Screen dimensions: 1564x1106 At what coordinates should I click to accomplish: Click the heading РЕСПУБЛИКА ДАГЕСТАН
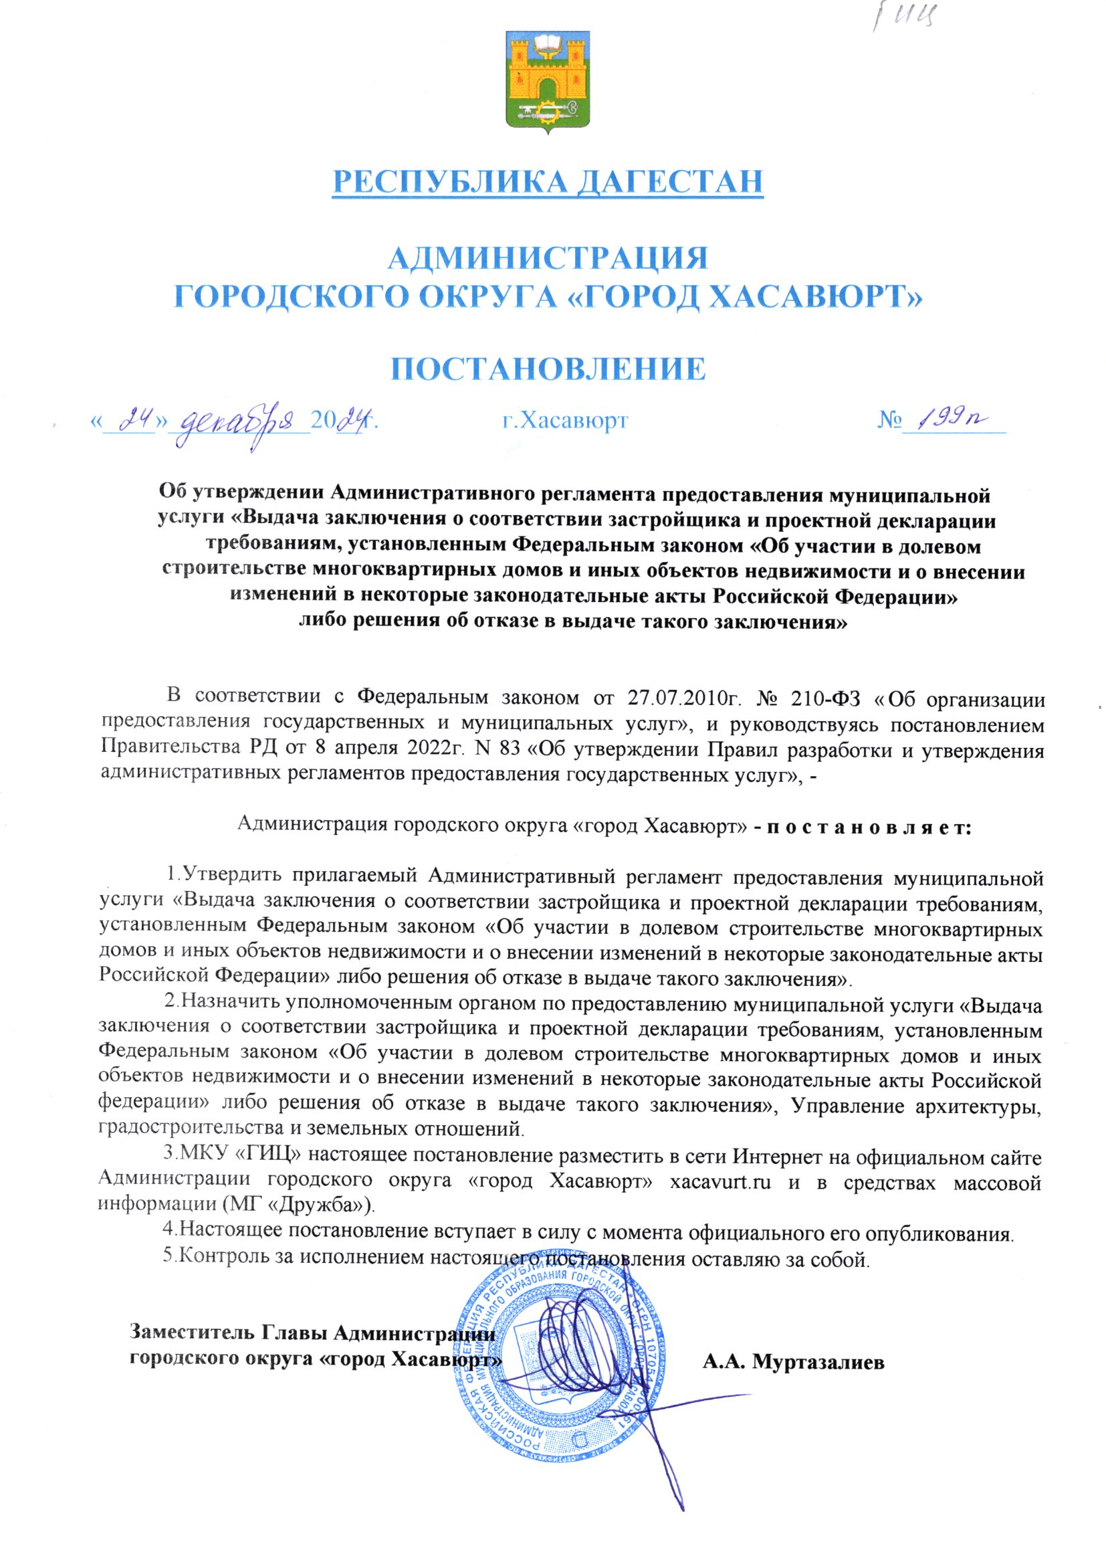pyautogui.click(x=548, y=181)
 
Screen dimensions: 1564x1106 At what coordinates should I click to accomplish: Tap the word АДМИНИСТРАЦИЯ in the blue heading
pyautogui.click(x=548, y=260)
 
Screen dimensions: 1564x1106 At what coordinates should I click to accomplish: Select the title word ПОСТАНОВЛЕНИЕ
pyautogui.click(x=548, y=368)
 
